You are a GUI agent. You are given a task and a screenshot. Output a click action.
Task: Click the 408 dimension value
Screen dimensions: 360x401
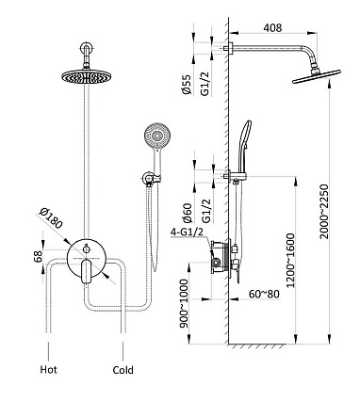pos(272,27)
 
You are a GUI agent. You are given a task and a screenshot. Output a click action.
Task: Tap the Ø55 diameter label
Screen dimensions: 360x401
pos(186,85)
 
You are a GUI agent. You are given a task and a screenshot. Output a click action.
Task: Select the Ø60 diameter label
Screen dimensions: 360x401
pos(187,213)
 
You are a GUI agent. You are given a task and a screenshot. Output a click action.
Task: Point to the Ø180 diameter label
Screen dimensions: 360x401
pos(51,218)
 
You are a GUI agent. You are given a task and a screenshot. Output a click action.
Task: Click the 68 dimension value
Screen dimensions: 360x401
pos(38,257)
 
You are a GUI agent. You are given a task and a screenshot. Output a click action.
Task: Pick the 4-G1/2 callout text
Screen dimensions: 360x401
pos(187,233)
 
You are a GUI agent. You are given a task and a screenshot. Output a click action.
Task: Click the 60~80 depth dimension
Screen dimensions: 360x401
pos(264,294)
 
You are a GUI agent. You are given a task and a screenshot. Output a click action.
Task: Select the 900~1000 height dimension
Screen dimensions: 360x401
pos(184,303)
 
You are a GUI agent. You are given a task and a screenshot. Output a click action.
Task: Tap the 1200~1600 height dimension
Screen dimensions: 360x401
pos(291,260)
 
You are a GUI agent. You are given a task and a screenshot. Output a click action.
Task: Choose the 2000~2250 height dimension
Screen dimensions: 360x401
pos(323,212)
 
